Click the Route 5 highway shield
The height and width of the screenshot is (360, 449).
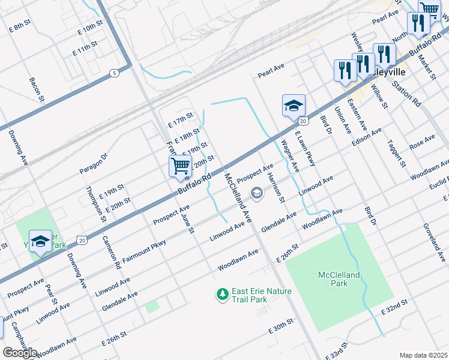click(x=114, y=73)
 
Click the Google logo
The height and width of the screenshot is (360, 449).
click(x=20, y=353)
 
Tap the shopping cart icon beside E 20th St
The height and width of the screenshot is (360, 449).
click(x=180, y=166)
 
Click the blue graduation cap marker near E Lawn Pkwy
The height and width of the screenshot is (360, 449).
click(x=294, y=106)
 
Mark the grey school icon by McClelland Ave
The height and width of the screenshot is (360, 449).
click(x=257, y=193)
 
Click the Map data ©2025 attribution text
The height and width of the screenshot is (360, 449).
click(x=423, y=355)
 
